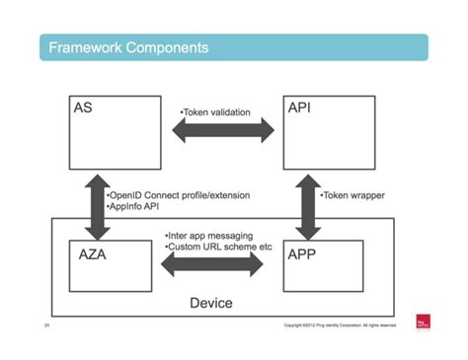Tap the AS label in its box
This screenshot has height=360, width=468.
(84, 107)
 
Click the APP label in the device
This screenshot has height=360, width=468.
(303, 253)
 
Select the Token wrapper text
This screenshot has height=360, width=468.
(352, 195)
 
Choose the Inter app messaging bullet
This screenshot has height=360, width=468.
(209, 236)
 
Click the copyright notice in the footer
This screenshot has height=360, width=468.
(339, 324)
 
